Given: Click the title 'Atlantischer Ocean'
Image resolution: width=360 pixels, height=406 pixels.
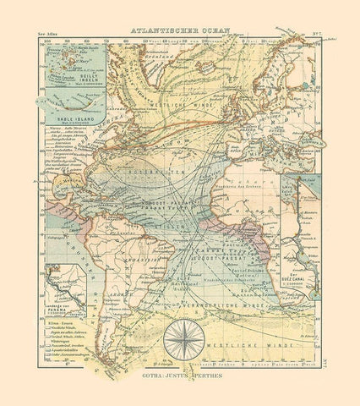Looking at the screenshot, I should (180, 27).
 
